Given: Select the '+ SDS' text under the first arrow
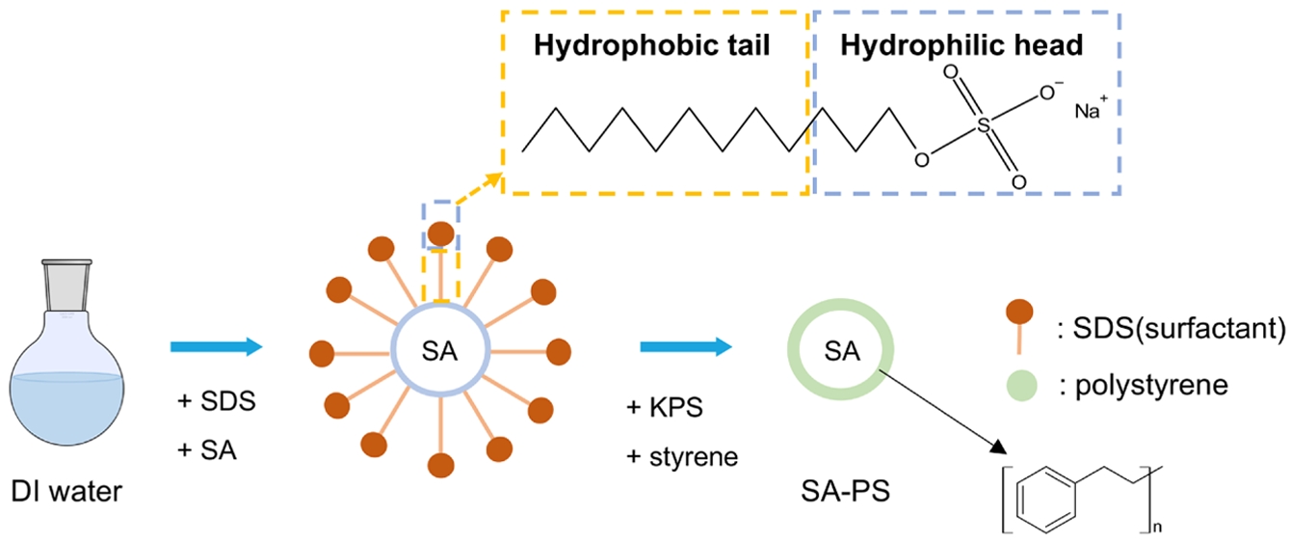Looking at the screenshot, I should click(217, 401).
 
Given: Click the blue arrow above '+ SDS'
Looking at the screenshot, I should click(216, 346).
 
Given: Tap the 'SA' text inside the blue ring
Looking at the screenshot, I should click(441, 351).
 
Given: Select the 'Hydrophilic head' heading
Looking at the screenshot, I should click(961, 45).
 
